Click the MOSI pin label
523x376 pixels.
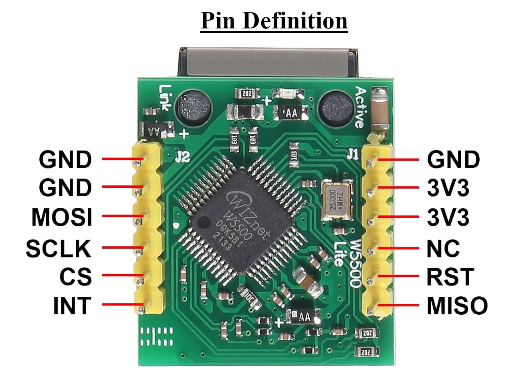pyautogui.click(x=62, y=217)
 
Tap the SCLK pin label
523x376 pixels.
pyautogui.click(x=59, y=248)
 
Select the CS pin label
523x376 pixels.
pyautogui.click(x=76, y=276)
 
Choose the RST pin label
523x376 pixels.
pyautogui.click(x=450, y=277)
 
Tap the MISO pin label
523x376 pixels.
pyautogui.click(x=457, y=306)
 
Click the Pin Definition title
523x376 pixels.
pyautogui.click(x=274, y=21)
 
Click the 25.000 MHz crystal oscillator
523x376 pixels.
pyautogui.click(x=337, y=199)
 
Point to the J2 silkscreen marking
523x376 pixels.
pyautogui.click(x=183, y=157)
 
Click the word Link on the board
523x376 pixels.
pyautogui.click(x=166, y=98)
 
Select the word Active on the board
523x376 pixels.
pyautogui.click(x=361, y=107)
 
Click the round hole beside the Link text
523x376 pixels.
pyautogui.click(x=194, y=108)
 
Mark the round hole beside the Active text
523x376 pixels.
pyautogui.click(x=336, y=109)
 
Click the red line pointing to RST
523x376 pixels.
pyautogui.click(x=398, y=276)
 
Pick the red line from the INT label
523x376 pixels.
pyautogui.click(x=123, y=305)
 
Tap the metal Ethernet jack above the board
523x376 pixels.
pyautogui.click(x=269, y=62)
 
